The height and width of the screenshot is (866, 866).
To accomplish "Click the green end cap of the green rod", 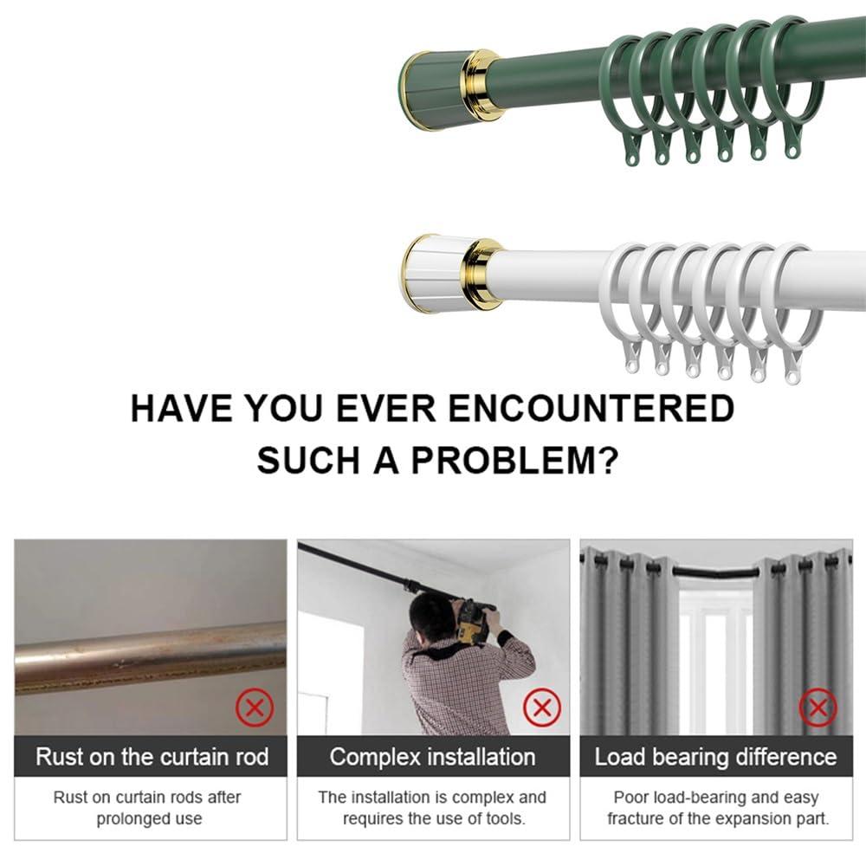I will point(430,89).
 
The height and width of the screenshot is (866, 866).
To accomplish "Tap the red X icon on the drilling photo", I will point(542,708).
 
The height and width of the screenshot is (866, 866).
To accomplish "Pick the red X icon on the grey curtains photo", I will point(817,709).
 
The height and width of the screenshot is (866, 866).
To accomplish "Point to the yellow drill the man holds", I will point(474,620).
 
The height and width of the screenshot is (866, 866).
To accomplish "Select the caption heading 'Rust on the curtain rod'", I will point(152,757).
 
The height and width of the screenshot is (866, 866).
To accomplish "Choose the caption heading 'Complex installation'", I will point(433,757).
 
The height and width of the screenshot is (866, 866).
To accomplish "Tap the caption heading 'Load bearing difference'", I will point(715,758).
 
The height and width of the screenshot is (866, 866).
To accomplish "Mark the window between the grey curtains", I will point(715,658).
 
